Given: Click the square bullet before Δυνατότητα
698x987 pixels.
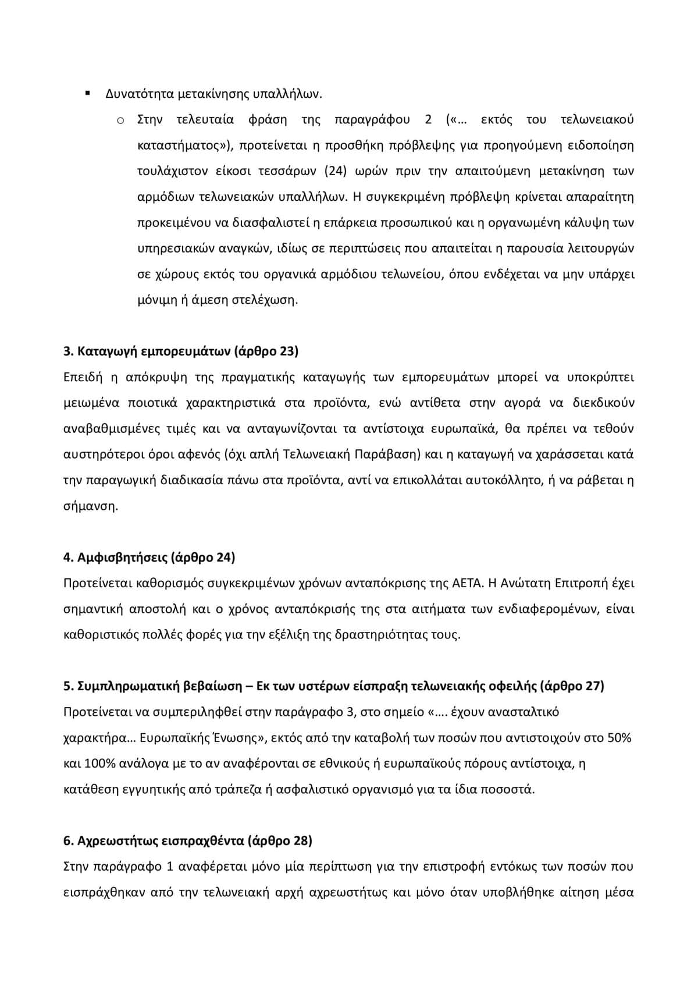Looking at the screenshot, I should click(87, 93).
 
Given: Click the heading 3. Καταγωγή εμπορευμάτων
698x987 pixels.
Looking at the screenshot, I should click(180, 351).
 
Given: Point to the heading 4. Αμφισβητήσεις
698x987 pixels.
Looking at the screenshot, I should click(149, 557).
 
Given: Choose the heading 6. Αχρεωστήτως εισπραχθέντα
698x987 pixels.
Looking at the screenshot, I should click(187, 840).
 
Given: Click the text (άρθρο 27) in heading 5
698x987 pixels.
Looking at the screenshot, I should click(572, 686).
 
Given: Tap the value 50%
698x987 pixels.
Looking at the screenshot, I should click(619, 737).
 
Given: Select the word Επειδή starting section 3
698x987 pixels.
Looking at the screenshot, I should click(83, 377).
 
